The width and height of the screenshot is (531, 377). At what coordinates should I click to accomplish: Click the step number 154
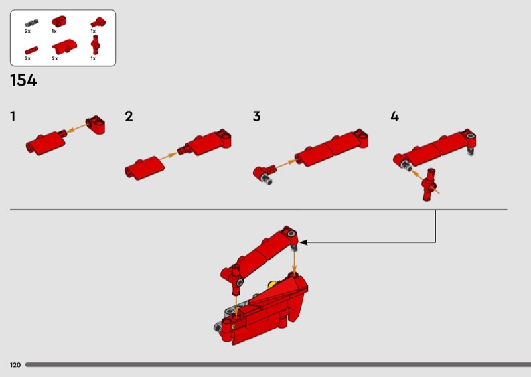(x=23, y=80)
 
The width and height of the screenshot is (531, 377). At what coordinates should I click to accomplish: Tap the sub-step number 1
(x=13, y=117)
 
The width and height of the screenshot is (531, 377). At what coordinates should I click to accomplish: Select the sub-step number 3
(x=257, y=117)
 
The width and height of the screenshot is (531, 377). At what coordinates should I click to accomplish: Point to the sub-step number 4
(x=394, y=117)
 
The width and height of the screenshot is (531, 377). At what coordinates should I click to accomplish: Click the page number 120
(x=15, y=365)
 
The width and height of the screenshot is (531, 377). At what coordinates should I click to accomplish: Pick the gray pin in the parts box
(x=31, y=23)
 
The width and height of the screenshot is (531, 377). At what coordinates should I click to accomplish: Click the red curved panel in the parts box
(x=64, y=47)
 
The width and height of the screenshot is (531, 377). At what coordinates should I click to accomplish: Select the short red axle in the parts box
(x=31, y=51)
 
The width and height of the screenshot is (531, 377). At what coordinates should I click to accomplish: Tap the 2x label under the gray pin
(x=27, y=31)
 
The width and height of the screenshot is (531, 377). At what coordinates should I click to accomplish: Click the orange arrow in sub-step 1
(x=77, y=128)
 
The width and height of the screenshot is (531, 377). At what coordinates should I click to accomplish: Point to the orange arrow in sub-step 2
(x=168, y=157)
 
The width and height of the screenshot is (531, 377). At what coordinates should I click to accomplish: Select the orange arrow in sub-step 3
(x=285, y=164)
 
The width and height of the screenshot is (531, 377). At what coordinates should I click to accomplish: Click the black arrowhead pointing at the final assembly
(x=304, y=242)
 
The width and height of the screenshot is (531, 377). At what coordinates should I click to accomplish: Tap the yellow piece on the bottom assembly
(x=272, y=285)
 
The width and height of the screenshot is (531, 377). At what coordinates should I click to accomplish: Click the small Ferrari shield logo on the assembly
(x=234, y=326)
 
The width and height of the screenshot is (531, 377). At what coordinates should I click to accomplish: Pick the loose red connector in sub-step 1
(x=95, y=125)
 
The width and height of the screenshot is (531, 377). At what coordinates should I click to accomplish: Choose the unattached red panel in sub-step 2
(x=145, y=168)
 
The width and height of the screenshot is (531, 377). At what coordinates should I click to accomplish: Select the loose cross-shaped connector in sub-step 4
(x=429, y=185)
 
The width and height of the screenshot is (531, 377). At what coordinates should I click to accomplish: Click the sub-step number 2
(x=129, y=117)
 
